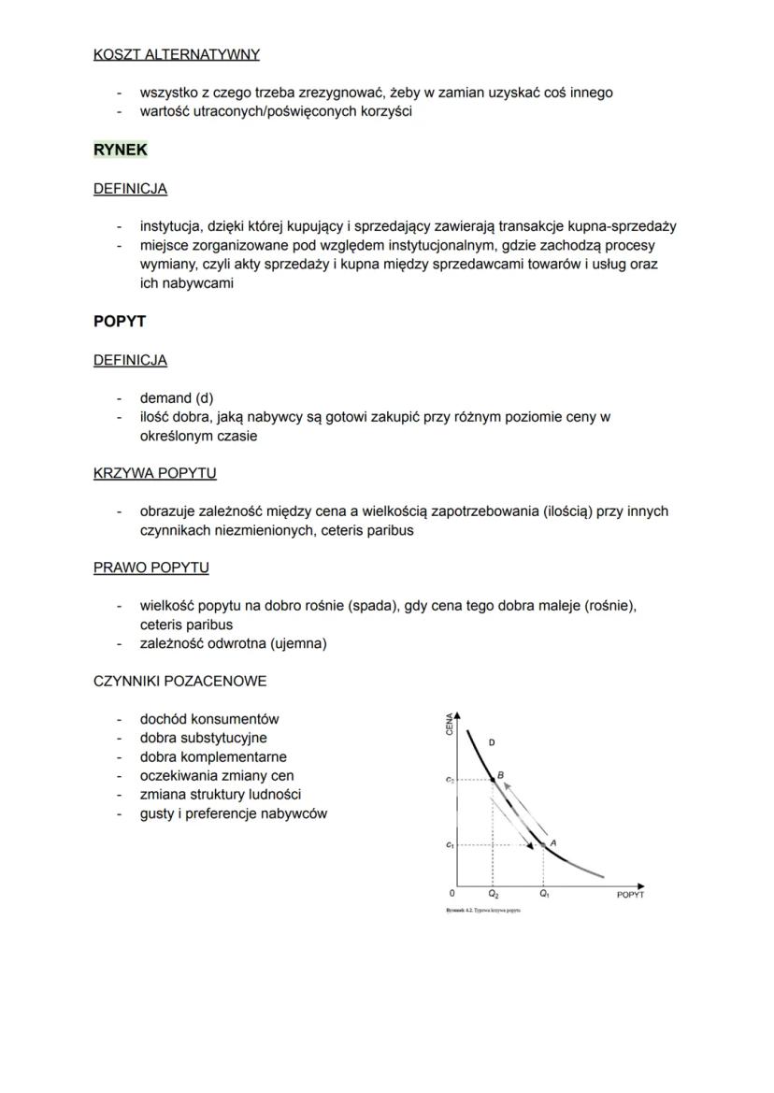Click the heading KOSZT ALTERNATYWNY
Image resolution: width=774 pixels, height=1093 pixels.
[x=176, y=54]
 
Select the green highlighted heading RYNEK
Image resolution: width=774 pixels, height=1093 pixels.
[x=121, y=150]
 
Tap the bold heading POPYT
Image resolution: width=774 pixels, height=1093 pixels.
[x=120, y=322]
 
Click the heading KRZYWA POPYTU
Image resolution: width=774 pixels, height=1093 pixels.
[x=154, y=473]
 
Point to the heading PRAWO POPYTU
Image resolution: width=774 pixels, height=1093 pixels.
[x=150, y=568]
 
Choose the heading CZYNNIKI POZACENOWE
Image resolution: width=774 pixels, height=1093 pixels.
[x=179, y=681]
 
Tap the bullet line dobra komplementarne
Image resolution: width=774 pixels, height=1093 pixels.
[x=213, y=756]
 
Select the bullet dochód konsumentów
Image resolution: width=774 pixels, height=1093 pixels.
[x=209, y=719]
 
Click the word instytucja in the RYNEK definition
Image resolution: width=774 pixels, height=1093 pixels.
[x=170, y=226]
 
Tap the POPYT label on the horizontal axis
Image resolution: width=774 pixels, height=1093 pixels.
[x=630, y=895]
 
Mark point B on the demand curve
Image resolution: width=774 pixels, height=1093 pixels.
[x=501, y=775]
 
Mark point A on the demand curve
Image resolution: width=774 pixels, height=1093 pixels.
[x=553, y=842]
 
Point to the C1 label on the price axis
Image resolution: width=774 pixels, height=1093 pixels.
[x=450, y=845]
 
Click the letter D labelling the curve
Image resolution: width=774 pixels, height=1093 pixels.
[x=492, y=742]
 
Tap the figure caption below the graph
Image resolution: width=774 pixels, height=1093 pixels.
[x=483, y=910]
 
